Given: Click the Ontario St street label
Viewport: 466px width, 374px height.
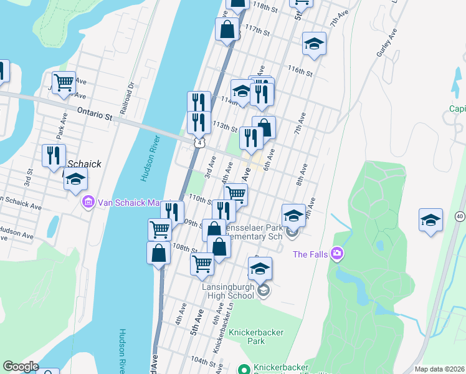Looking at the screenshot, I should coord(94,115).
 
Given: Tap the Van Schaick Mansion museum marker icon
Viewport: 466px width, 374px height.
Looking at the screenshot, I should coord(88,202).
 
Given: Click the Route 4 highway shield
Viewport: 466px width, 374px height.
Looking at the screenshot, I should coord(197,143).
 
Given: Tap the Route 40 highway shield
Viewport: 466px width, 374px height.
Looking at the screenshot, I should coord(459,216).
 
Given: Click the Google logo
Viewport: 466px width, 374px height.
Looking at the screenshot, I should coord(21,367).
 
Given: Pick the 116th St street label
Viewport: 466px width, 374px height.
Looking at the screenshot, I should coord(300,70).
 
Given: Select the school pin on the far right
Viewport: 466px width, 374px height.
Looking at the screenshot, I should coord(430,220).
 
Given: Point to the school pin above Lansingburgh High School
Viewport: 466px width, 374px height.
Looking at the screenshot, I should coord(260,269).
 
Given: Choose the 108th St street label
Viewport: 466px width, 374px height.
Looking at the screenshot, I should coord(186,249).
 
